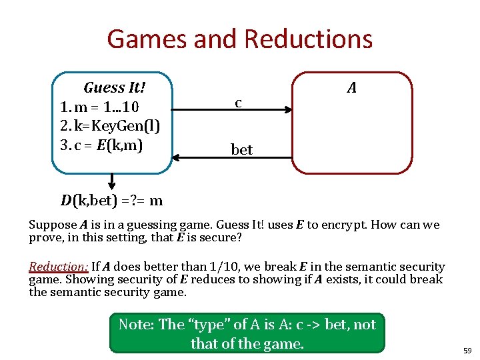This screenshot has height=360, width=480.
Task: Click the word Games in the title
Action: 146,39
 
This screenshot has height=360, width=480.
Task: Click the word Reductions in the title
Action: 308,39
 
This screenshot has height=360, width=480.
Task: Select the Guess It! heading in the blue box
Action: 114,87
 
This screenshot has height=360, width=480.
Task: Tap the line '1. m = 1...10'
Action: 99,107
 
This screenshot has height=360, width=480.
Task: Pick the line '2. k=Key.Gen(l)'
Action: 109,125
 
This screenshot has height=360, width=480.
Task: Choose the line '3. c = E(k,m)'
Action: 101,144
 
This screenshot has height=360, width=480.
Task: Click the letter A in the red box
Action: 351,87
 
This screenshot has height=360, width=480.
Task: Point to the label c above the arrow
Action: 238,103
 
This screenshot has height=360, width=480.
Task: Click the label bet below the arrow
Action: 241,149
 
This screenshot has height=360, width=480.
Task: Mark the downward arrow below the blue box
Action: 111,181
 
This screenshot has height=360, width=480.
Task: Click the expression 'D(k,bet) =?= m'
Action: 112,200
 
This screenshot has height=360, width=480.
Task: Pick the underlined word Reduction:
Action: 59,267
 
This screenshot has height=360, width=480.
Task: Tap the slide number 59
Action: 467,350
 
